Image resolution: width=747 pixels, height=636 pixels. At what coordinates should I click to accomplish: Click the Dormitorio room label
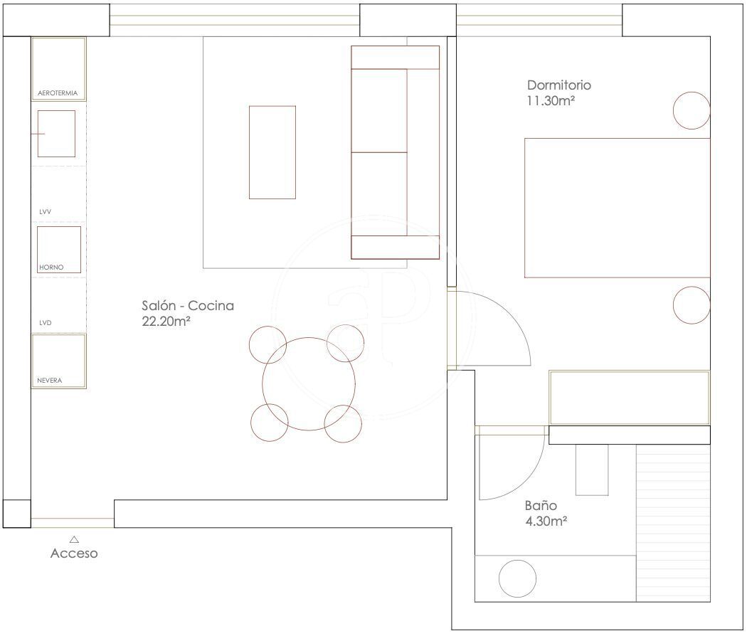click(558, 85)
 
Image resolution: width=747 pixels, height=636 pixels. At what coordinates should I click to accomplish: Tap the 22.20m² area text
click(166, 321)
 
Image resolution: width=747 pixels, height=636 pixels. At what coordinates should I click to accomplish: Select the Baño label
click(541, 505)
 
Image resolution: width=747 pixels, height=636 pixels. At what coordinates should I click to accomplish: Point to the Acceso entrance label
click(74, 553)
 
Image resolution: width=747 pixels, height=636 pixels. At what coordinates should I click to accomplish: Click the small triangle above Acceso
click(74, 539)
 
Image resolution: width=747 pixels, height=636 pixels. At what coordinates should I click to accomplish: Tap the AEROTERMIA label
click(57, 93)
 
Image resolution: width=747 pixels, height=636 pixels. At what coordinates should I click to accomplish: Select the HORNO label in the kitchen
click(51, 267)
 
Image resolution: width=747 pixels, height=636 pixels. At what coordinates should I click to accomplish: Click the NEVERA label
click(50, 380)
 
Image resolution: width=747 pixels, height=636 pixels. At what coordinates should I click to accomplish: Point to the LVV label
click(46, 211)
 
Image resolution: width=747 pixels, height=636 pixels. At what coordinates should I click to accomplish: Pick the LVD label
click(46, 322)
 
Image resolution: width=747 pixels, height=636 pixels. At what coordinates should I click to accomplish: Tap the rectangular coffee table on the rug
click(272, 152)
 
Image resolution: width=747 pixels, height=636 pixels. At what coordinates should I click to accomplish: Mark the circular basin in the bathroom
click(517, 579)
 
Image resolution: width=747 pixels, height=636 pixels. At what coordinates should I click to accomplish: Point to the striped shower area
click(673, 523)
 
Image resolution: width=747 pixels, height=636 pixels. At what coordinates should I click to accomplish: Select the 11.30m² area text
click(551, 101)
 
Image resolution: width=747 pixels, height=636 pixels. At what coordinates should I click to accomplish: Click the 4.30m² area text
click(546, 521)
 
